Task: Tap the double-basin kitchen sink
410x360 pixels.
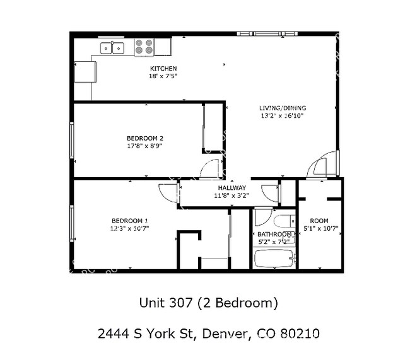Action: [x=113, y=47]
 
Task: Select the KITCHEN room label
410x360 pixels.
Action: [x=163, y=68]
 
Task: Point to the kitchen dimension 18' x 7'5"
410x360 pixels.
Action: [x=163, y=76]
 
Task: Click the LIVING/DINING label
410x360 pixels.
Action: [x=283, y=107]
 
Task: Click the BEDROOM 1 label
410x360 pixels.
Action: [x=129, y=220]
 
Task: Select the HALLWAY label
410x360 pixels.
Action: [x=231, y=188]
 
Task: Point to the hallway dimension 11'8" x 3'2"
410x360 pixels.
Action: [x=231, y=195]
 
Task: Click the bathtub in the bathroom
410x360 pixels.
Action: [x=273, y=258]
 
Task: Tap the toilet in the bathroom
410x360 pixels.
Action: [x=283, y=222]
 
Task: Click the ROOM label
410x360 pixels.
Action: [x=319, y=220]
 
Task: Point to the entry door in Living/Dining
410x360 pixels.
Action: [x=319, y=166]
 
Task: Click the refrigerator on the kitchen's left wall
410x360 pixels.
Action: [x=85, y=71]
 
